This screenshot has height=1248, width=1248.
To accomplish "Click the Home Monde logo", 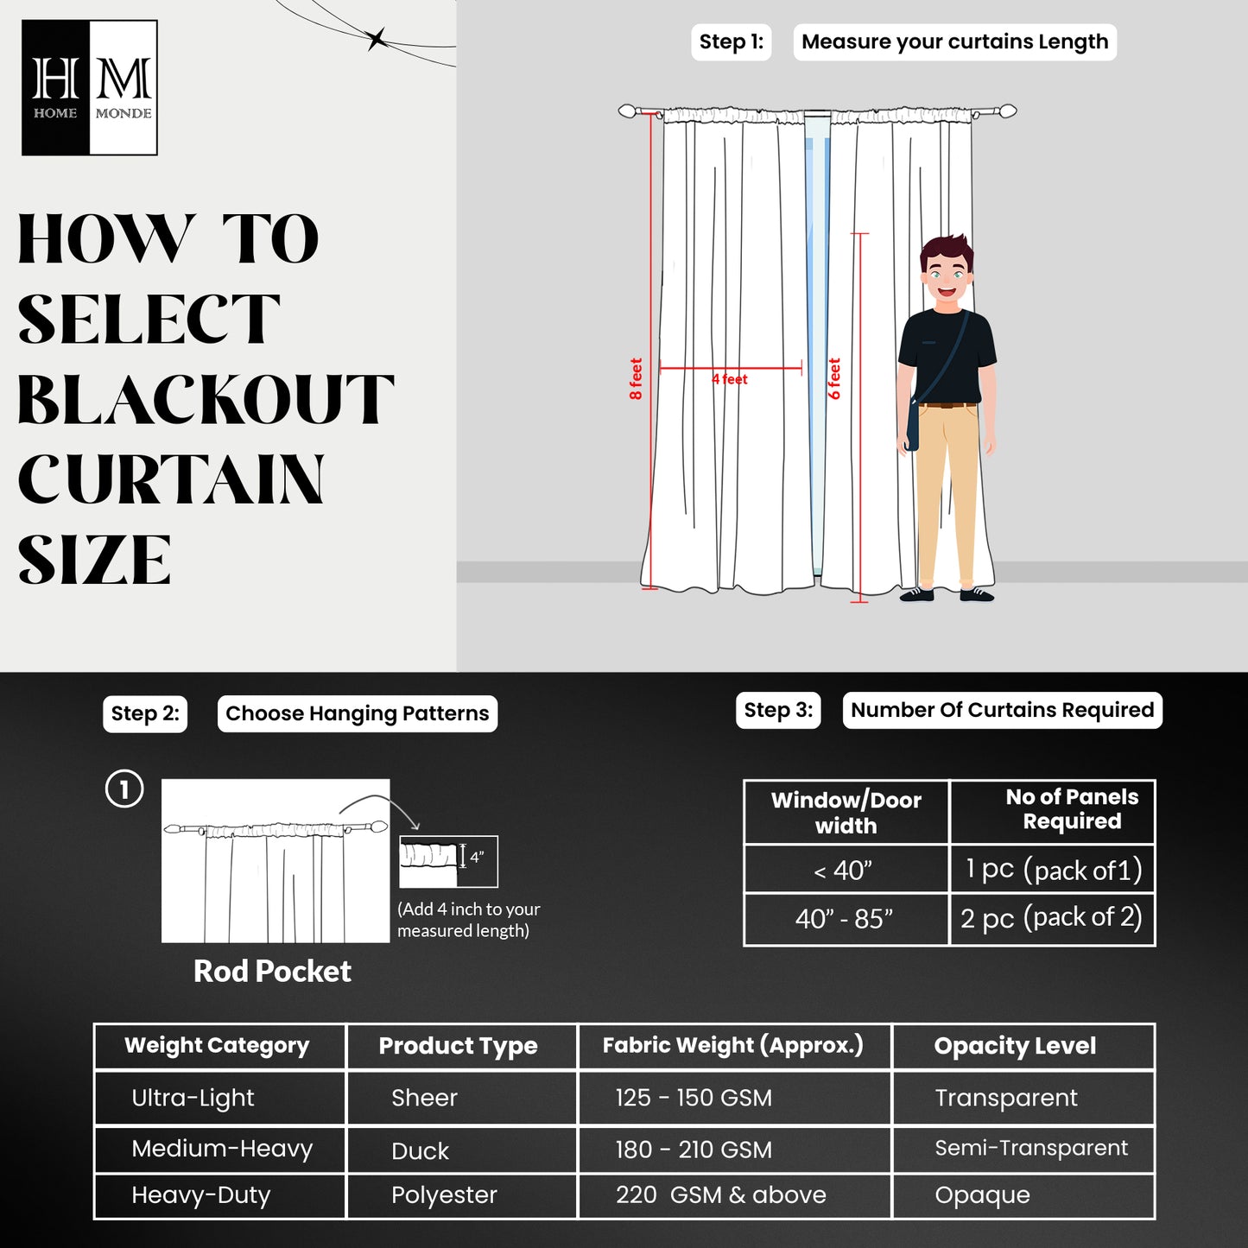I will click(89, 88).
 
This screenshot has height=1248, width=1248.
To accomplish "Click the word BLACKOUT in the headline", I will click(205, 400).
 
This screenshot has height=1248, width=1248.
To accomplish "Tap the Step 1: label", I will click(731, 42).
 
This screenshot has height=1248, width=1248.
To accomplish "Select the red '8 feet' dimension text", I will click(636, 379).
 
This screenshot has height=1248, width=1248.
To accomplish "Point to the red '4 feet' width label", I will click(730, 379).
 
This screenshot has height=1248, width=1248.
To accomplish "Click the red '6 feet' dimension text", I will click(833, 379).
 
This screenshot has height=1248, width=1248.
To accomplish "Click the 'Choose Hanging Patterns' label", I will click(357, 713).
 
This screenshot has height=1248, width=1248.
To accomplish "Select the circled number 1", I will click(124, 789).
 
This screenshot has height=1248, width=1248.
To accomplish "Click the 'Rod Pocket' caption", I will click(272, 971).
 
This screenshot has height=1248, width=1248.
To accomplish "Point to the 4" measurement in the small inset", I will click(477, 857).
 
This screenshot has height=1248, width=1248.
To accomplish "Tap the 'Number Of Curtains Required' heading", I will click(1002, 710).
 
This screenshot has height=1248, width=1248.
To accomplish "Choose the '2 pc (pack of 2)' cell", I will click(1051, 918).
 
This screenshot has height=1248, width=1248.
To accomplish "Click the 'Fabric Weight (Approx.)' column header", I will click(732, 1046).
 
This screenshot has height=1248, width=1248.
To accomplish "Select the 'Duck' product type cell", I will click(421, 1150).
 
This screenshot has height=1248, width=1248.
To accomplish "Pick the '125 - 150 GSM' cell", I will click(694, 1098).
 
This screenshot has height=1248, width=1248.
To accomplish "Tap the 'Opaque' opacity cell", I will click(982, 1195).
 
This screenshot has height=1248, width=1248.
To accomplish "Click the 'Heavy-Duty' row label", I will click(201, 1195).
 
